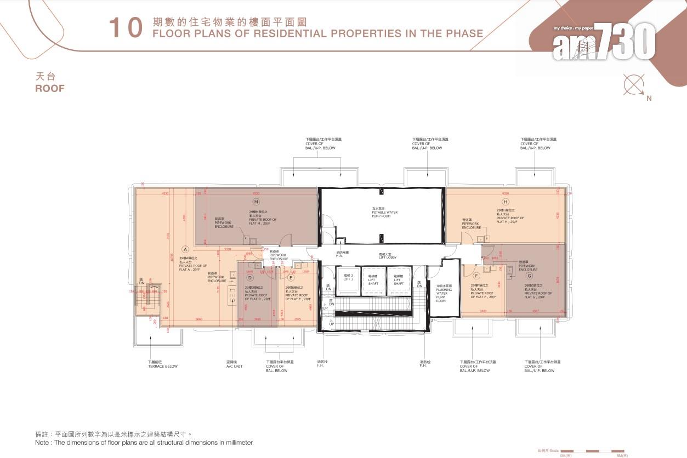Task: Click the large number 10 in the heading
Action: [126, 28]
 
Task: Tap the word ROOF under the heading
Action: [50, 88]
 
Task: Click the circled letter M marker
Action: [256, 202]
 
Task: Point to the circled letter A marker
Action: [185, 249]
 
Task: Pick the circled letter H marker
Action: [506, 202]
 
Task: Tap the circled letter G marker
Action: [529, 276]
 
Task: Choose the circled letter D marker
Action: [250, 278]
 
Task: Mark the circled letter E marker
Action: [291, 278]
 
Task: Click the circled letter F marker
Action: [476, 276]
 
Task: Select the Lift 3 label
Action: [348, 278]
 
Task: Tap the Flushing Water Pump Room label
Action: [443, 294]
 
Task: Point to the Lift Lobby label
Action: [388, 256]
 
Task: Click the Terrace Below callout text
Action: [162, 364]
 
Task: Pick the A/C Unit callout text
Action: [235, 364]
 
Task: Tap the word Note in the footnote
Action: [43, 442]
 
